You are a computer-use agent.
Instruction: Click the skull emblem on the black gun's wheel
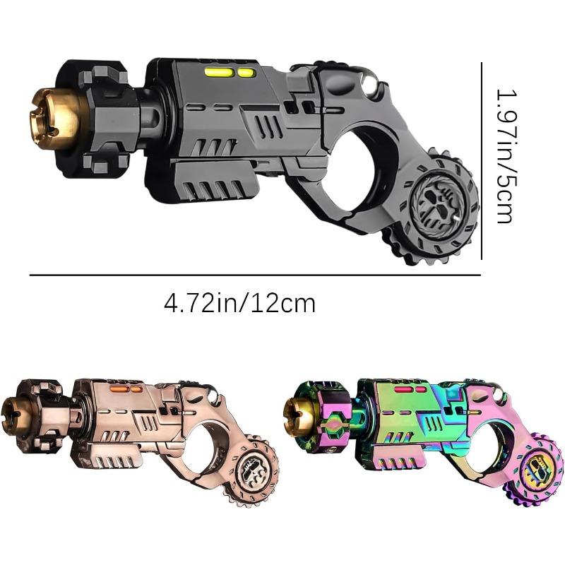click(x=437, y=203)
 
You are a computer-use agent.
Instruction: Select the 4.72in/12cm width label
click(x=239, y=304)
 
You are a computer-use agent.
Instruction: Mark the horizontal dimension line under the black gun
click(x=255, y=275)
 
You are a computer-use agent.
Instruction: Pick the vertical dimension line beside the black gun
click(x=482, y=161)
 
